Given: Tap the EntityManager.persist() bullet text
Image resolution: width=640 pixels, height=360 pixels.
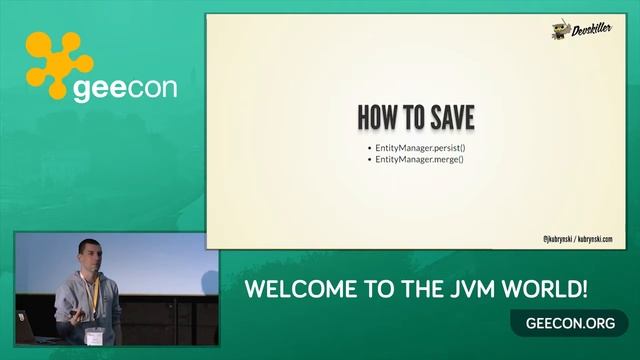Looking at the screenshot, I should [421, 149].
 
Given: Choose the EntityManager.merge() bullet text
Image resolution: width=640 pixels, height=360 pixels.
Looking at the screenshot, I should [420, 160].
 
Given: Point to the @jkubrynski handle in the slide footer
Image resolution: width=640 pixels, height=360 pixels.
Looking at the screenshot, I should [558, 239].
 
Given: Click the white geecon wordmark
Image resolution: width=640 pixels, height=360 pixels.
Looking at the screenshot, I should [125, 87].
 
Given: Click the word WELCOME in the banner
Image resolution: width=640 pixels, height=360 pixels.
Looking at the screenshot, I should [290, 291].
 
